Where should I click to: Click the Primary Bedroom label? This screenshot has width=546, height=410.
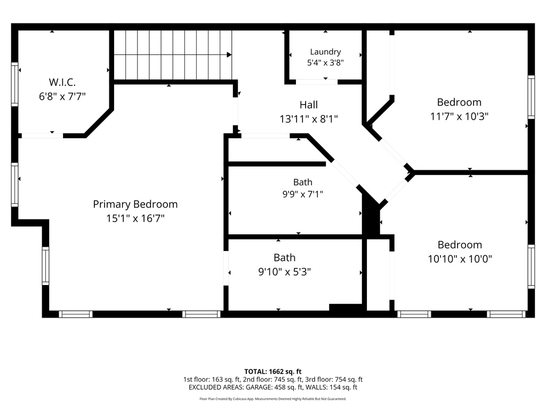point(135,204)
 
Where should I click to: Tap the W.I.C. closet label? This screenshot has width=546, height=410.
point(62,82)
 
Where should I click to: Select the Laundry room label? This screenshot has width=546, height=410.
point(325,52)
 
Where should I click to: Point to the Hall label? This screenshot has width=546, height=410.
point(309,105)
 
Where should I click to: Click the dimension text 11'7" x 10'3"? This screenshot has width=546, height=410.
point(459,116)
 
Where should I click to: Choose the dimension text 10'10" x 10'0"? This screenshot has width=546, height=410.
point(460,259)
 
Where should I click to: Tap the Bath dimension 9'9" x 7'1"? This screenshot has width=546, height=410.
point(303,194)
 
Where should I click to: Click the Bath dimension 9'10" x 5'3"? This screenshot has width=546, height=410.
point(285,272)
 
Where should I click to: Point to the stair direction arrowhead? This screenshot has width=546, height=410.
point(229,55)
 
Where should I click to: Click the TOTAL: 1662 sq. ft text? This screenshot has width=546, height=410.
point(272,372)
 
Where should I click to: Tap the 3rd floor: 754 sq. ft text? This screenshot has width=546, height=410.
point(334,380)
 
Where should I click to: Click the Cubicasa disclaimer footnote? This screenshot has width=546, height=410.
point(272,399)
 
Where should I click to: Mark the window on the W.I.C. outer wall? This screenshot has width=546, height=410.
point(14,84)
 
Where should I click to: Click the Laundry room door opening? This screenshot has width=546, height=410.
point(317,82)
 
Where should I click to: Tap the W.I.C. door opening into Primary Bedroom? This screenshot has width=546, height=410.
point(42,136)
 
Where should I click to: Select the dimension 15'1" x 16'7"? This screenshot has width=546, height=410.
point(135,218)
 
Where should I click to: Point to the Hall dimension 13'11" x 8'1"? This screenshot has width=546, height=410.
point(309,119)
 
